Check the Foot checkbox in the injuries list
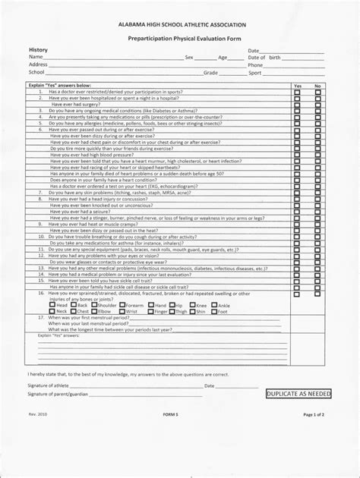[x=215, y=311]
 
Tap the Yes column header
[x=298, y=86]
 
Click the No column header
[x=318, y=86]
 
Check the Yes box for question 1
[x=298, y=92]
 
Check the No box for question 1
[x=318, y=92]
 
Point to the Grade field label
[x=210, y=73]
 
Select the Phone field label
[x=255, y=65]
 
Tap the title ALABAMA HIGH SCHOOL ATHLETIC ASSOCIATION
[x=179, y=25]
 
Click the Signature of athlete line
[x=137, y=386]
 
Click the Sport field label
[x=255, y=73]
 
